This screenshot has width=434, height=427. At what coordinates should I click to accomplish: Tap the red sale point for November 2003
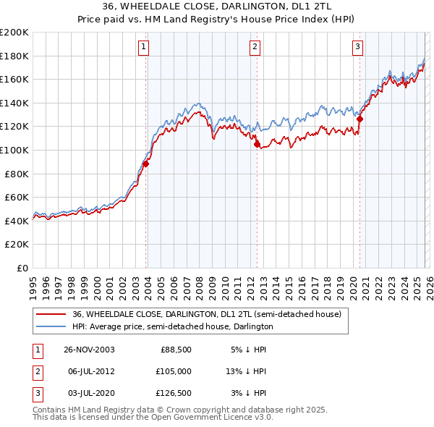pyautogui.click(x=145, y=164)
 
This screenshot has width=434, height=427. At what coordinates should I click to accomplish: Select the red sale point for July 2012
pyautogui.click(x=257, y=144)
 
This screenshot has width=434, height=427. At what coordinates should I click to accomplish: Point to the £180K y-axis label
pyautogui.click(x=15, y=56)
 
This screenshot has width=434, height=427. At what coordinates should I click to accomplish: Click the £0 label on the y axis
pyautogui.click(x=22, y=268)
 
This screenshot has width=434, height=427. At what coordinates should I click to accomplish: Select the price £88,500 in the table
pyautogui.click(x=176, y=350)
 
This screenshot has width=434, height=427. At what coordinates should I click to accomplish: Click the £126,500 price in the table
pyautogui.click(x=174, y=393)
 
